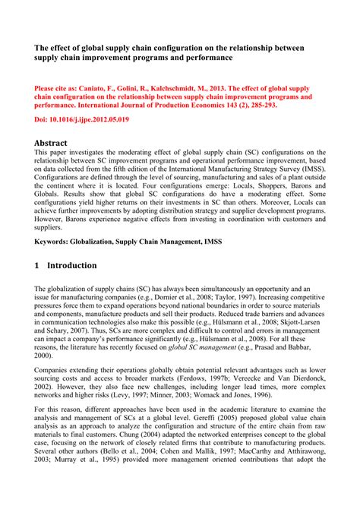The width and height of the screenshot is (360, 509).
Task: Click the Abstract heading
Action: click(51, 143)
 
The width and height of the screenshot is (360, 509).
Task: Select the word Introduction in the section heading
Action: click(71, 265)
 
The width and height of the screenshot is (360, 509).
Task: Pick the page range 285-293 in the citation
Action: click(271, 106)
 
